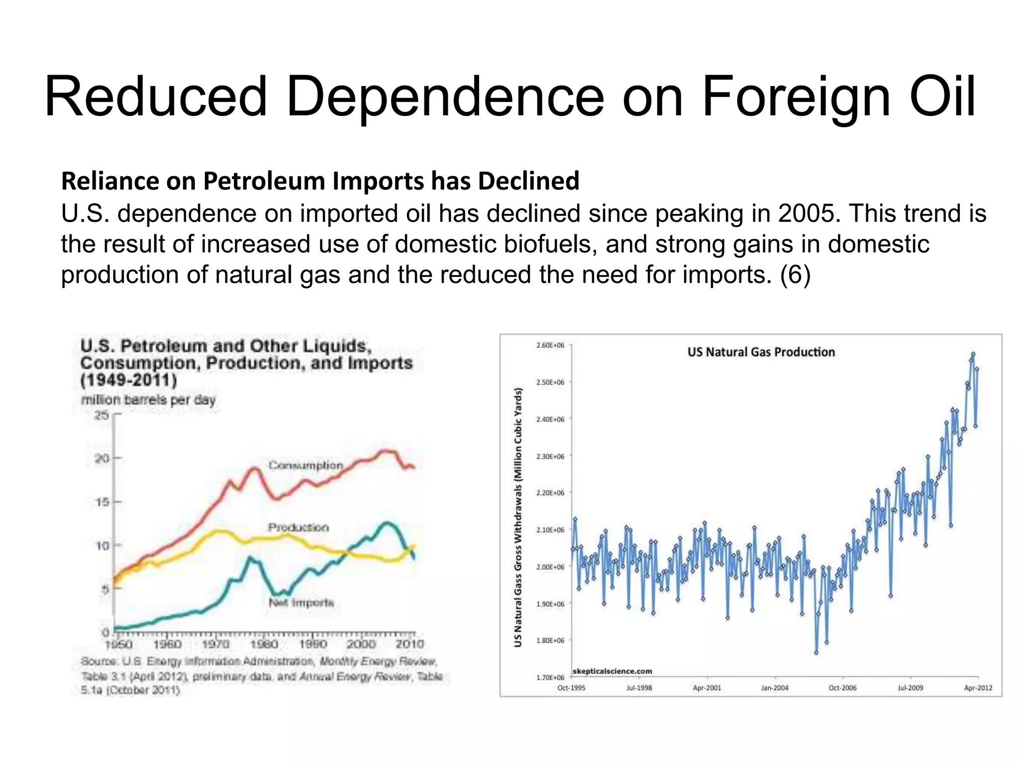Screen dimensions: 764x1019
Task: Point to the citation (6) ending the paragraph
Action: [x=795, y=275]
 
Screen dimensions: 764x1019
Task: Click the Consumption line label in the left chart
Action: [x=306, y=466]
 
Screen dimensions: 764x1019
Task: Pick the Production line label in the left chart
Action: [x=298, y=527]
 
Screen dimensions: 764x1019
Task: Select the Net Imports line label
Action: [x=301, y=603]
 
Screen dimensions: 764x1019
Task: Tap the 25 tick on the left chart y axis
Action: [x=102, y=415]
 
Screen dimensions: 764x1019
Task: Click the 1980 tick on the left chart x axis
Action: [x=264, y=645]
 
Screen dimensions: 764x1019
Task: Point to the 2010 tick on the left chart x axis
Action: [x=409, y=645]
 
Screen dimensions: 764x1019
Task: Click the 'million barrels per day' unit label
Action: [x=148, y=400]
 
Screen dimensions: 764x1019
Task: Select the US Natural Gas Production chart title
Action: [x=761, y=352]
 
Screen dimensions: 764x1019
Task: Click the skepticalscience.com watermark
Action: [x=612, y=671]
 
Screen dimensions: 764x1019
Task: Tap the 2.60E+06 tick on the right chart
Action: [x=550, y=345]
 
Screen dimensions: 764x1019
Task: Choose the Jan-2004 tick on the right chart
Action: [x=775, y=688]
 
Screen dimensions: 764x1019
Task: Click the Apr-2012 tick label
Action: [x=978, y=688]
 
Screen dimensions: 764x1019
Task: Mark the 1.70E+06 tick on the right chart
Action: [x=550, y=677]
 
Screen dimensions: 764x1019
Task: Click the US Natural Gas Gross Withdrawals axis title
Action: [x=518, y=517]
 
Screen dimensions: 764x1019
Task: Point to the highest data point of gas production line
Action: [x=973, y=354]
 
